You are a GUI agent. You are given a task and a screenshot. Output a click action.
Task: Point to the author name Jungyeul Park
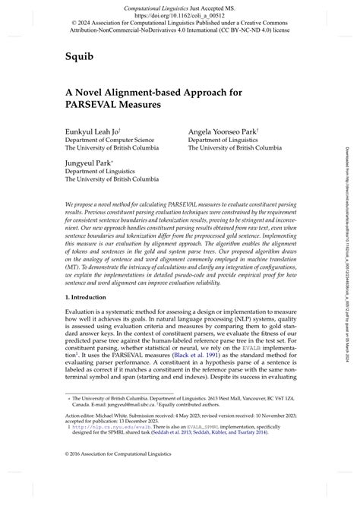89,162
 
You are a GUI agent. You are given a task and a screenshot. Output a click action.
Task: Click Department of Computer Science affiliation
109,140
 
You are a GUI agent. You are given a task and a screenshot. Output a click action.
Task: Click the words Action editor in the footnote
83,438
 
